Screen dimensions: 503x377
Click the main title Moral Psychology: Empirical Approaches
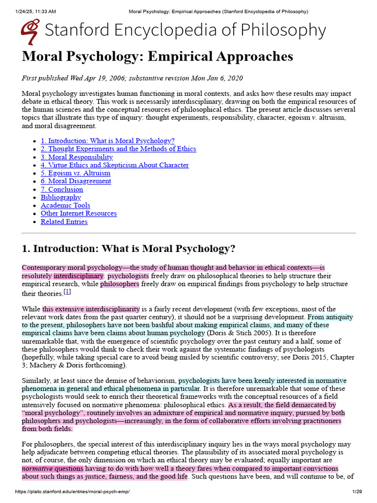pos(157,56)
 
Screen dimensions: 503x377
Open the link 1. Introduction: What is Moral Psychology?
pos(108,140)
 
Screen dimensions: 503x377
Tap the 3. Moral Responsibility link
pos(77,157)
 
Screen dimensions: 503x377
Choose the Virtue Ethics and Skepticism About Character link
pos(114,165)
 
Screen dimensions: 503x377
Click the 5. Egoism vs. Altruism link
pos(76,173)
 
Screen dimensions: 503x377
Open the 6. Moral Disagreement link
pos(76,181)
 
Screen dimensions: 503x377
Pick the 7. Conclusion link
pos(62,189)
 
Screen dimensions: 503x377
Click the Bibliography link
pos(61,197)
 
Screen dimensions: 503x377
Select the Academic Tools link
pos(65,205)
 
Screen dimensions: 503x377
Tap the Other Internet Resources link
pos(79,213)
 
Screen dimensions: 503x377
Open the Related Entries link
pos(64,222)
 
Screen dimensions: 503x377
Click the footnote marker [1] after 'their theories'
pos(68,292)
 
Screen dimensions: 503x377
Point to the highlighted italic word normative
pos(37,469)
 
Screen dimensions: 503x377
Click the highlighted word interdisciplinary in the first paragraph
pos(79,276)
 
